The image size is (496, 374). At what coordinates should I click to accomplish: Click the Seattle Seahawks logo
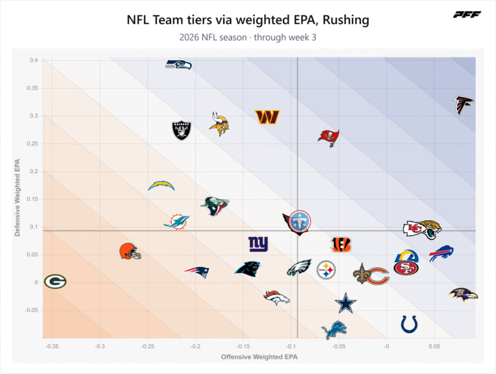click(178, 65)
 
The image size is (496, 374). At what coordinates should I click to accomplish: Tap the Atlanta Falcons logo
click(464, 105)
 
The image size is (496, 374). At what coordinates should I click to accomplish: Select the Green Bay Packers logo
click(55, 282)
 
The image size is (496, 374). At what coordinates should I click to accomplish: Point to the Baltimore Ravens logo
click(464, 295)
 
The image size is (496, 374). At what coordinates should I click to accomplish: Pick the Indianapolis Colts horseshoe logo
click(409, 324)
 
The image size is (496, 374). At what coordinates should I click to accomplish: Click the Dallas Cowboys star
click(346, 303)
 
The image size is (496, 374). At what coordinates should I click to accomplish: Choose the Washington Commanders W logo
click(267, 117)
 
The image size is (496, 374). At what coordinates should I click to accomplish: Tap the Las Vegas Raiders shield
click(181, 130)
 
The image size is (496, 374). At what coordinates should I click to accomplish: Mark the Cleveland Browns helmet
click(130, 251)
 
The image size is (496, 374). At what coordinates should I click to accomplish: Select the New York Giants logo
click(258, 244)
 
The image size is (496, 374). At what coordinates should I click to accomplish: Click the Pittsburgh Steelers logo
click(326, 270)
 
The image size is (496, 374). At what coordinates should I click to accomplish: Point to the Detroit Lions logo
click(334, 330)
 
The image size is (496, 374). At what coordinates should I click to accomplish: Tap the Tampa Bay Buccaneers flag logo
click(329, 138)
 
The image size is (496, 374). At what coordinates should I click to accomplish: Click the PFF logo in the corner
click(467, 15)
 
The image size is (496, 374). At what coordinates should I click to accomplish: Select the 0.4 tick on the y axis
click(34, 60)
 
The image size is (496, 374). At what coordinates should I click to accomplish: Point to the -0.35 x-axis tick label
click(52, 346)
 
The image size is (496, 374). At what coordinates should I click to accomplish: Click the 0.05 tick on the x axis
click(434, 346)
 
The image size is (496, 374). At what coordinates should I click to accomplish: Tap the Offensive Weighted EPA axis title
click(260, 357)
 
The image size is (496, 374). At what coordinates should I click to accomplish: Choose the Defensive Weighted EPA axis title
click(17, 198)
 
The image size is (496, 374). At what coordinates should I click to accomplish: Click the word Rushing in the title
click(346, 20)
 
